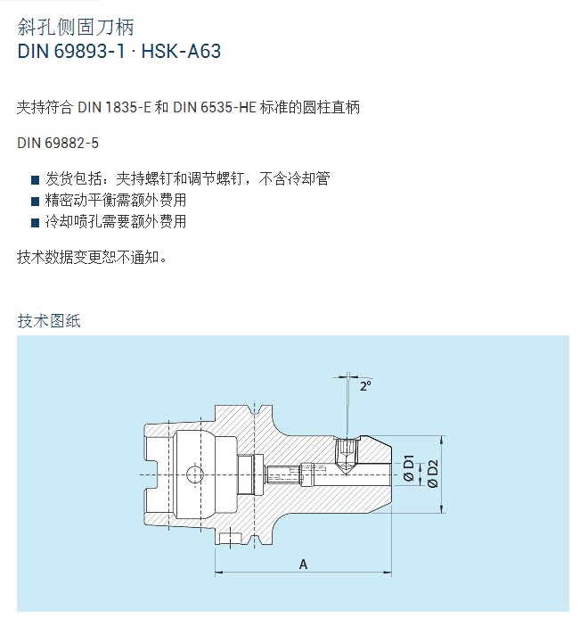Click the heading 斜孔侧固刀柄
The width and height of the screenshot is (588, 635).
(75, 28)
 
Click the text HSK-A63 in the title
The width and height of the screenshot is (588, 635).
(181, 52)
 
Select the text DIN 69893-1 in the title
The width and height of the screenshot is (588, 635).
(71, 52)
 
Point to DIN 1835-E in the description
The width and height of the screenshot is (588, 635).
(114, 107)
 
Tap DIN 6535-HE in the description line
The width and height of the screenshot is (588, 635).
(215, 107)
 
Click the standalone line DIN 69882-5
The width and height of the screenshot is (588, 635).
(58, 143)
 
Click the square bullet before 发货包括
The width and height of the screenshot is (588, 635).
(36, 179)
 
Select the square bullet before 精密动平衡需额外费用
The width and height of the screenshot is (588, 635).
(36, 201)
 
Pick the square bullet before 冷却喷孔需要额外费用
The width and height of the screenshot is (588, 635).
(36, 222)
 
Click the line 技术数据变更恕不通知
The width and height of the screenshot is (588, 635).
(92, 257)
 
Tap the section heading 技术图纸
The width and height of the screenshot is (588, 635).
(49, 321)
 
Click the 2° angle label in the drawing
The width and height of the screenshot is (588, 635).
(365, 386)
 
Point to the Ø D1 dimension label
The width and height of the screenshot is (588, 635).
(409, 467)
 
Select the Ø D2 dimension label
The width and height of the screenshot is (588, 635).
(433, 474)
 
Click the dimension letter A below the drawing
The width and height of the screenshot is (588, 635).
(303, 565)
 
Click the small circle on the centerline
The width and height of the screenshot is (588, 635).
(194, 474)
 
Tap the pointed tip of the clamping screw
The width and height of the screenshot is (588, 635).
(346, 474)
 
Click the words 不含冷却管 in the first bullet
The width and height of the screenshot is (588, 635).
(294, 178)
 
